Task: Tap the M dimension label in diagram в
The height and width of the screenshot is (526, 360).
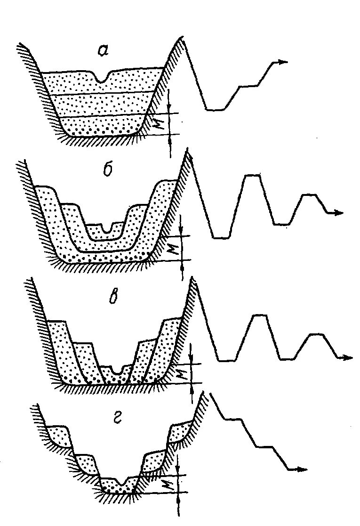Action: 184,373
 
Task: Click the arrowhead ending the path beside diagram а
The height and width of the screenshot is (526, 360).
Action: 282,62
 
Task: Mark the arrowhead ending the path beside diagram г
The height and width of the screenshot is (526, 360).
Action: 302,469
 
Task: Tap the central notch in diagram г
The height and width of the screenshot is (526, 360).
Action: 121,481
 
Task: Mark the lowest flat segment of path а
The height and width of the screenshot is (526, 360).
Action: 215,110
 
